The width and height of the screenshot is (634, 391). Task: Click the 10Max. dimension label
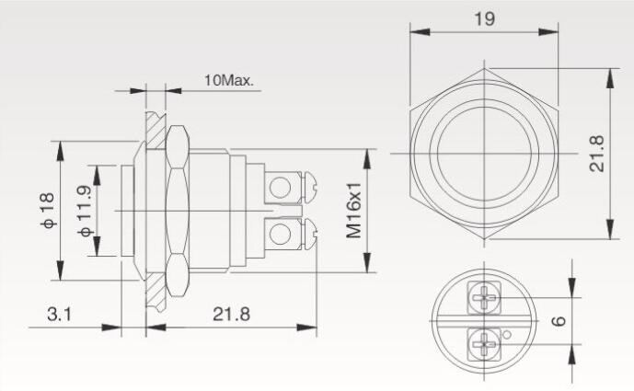pyautogui.click(x=229, y=80)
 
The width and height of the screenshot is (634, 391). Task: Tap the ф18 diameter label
pyautogui.click(x=47, y=211)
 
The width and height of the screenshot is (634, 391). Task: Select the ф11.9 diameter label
pyautogui.click(x=86, y=211)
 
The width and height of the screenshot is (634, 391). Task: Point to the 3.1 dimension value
pyautogui.click(x=59, y=314)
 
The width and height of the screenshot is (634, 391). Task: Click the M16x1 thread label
pyautogui.click(x=353, y=211)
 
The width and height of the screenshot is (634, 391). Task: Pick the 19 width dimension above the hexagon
pyautogui.click(x=484, y=18)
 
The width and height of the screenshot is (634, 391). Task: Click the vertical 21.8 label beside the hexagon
pyautogui.click(x=597, y=154)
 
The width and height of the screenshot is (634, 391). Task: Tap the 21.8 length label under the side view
pyautogui.click(x=232, y=314)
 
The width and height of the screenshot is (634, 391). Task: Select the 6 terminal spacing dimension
pyautogui.click(x=559, y=321)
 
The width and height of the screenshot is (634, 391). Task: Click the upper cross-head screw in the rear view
pyautogui.click(x=484, y=298)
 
